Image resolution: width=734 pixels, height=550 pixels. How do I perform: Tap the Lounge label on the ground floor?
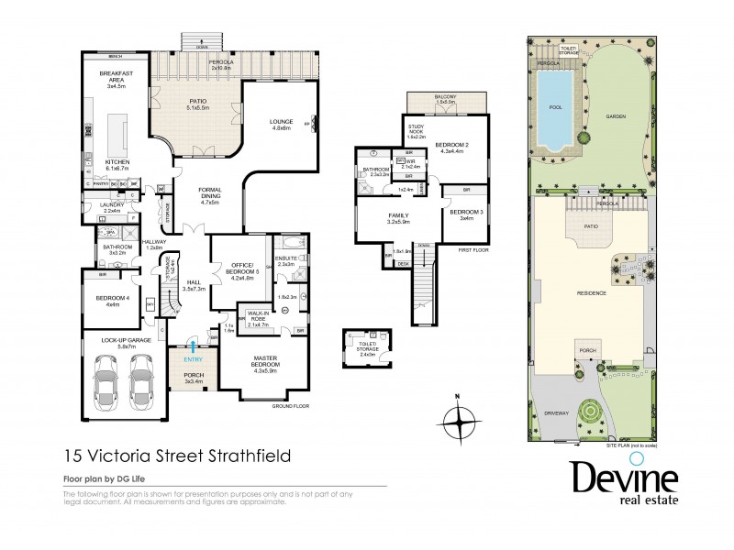coord(280,122)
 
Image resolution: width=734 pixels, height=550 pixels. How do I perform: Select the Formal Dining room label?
coord(210,195)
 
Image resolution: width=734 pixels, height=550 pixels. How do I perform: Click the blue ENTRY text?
coord(193,358)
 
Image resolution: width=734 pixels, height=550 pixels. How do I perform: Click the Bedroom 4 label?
coord(115,300)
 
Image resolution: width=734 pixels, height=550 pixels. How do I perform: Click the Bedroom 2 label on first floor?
coord(451,147)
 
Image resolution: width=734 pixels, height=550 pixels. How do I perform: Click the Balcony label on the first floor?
coord(445,98)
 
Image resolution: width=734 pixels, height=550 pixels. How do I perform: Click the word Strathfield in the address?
coord(259,453)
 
